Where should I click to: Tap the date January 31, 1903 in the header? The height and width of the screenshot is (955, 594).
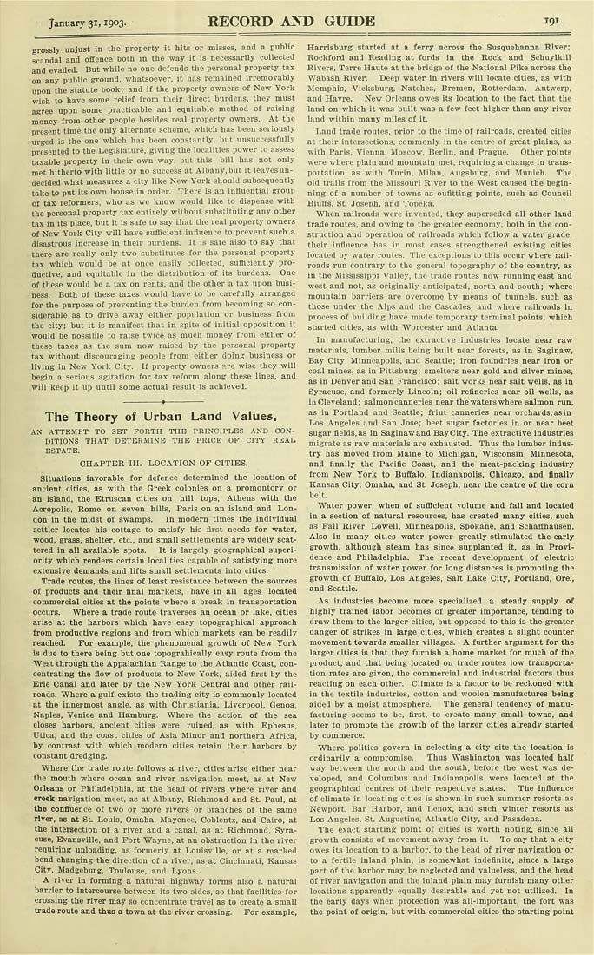tap(89, 22)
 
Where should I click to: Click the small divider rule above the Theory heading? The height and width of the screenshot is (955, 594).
tap(163, 403)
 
